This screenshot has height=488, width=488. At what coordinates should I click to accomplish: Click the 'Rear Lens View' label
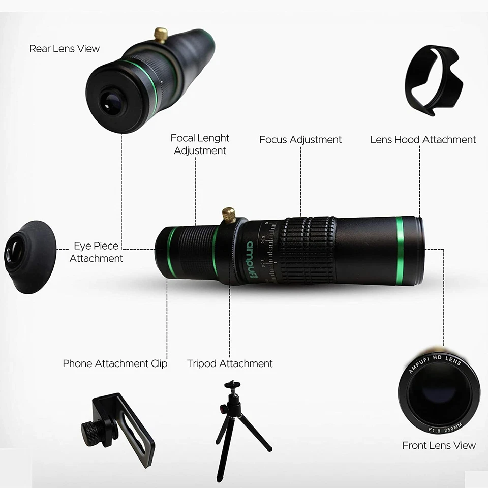[x=65, y=49]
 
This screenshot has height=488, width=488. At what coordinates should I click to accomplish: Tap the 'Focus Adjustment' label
[x=300, y=140]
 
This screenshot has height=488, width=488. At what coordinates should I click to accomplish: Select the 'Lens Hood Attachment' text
[x=423, y=140]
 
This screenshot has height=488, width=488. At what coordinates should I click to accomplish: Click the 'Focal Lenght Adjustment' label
[x=200, y=144]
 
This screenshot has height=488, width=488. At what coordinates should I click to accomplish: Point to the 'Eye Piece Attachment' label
[x=96, y=252]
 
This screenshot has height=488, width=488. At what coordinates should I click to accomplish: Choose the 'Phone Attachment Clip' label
[x=115, y=363]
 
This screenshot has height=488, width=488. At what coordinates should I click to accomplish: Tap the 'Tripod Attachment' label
[x=230, y=363]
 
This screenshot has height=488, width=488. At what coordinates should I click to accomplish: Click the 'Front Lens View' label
[x=439, y=445]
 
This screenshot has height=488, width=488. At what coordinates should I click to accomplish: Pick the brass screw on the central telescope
[x=229, y=213]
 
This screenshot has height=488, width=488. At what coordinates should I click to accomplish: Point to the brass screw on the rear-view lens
[x=162, y=35]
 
